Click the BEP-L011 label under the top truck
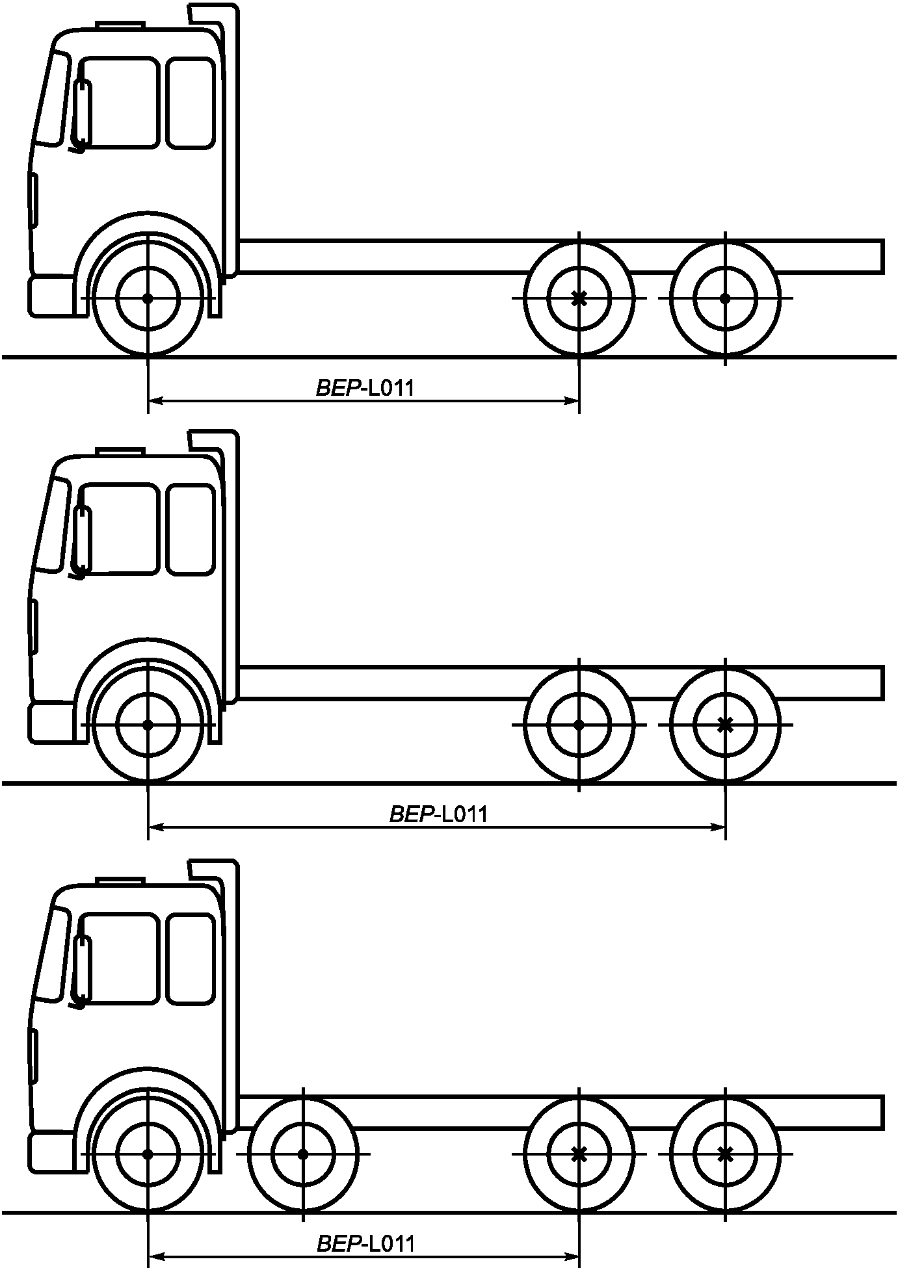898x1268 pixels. coord(365,388)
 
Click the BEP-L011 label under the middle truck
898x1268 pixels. coord(438,814)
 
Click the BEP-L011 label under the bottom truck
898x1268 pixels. coord(365,1243)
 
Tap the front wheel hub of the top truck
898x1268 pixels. coord(148,298)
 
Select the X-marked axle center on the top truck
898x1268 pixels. coord(579,298)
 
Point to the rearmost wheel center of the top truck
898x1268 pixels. coord(725,298)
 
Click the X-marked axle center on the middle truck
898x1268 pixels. coord(725,725)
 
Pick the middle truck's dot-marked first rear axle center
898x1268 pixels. coord(579,725)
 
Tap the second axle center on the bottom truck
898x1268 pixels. coord(303,1154)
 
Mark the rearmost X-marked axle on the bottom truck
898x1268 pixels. coord(725,1154)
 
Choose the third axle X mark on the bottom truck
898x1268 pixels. coord(579,1154)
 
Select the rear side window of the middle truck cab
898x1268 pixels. coord(191,530)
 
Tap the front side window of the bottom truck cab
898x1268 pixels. coord(119,959)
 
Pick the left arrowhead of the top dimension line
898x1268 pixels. coord(157,402)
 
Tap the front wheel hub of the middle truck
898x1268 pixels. coord(148,725)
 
